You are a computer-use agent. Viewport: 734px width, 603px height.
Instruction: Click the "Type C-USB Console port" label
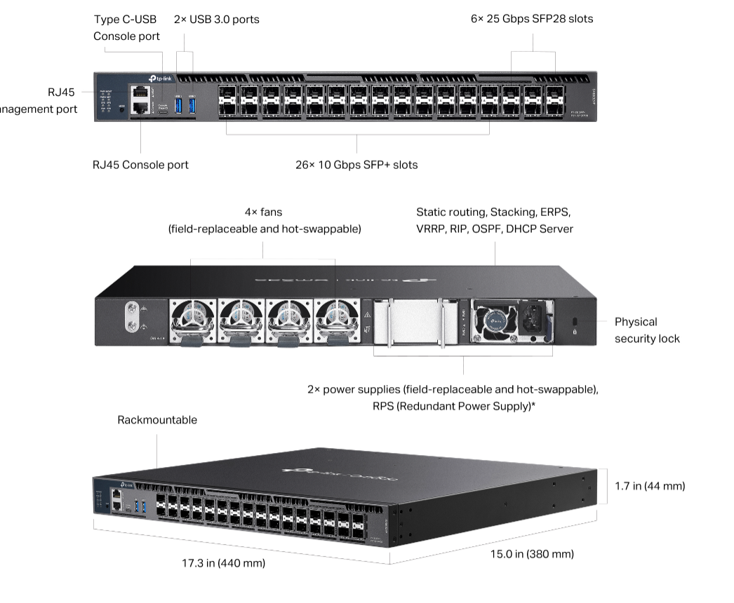coord(126,28)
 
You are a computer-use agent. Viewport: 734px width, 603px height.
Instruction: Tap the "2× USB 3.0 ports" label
coord(216,20)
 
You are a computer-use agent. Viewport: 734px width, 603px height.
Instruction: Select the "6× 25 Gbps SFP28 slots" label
coord(531,20)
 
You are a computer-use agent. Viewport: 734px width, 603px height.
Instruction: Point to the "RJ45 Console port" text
coord(140,165)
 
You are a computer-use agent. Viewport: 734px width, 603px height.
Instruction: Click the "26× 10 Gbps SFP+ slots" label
coord(356,165)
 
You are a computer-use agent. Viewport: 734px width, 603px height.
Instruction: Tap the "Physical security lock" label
coord(647,330)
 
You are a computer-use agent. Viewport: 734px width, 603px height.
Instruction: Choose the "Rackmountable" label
coord(157,421)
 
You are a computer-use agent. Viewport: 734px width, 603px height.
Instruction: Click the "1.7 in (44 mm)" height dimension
coord(650,486)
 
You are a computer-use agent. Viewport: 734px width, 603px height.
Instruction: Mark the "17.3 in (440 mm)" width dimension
coord(223,563)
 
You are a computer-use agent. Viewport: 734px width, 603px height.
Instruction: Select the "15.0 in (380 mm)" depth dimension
coord(531,554)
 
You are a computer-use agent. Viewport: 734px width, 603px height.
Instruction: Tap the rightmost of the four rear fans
coord(337,320)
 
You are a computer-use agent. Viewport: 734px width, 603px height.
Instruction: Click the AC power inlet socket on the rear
coord(533,320)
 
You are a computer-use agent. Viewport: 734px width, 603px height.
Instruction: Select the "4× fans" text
coord(263,212)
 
